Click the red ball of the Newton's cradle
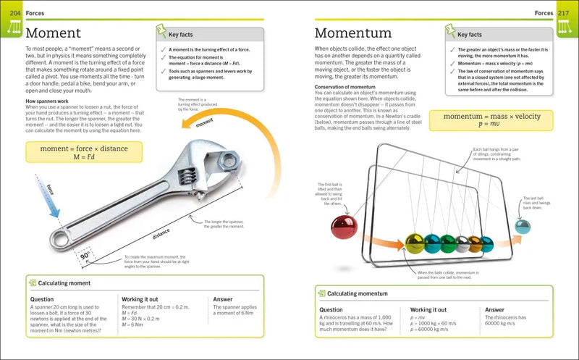click(x=344, y=227)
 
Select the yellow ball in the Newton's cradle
click(x=415, y=242)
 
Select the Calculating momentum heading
click(x=359, y=293)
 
